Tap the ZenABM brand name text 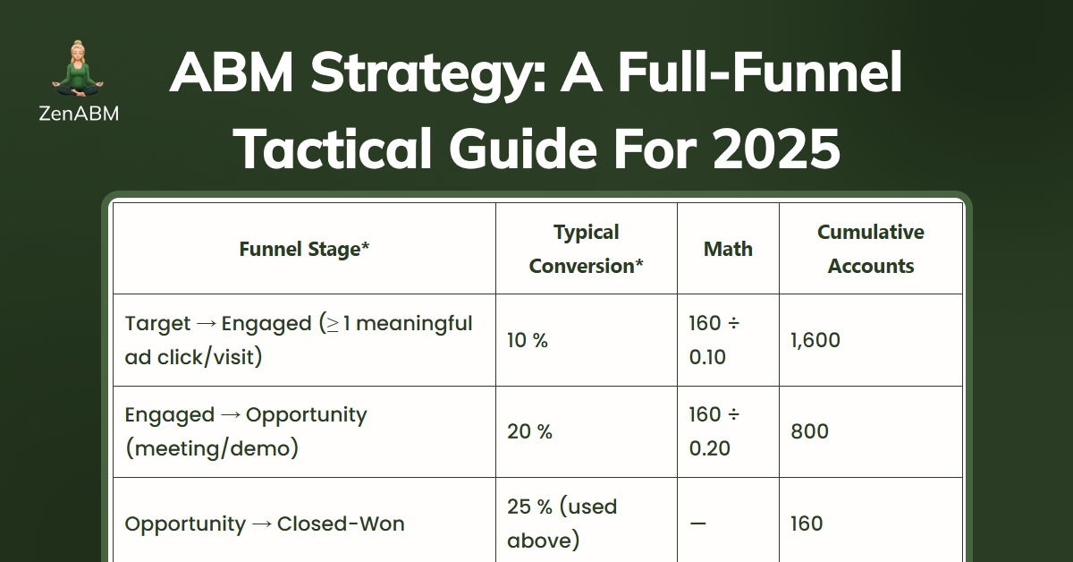pos(79,114)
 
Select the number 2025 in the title pos(776,149)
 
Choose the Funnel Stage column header pos(304,249)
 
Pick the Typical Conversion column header pos(587,249)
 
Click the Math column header pos(728,249)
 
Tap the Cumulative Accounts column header pos(871,249)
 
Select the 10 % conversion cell pos(528,340)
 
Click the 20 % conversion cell pos(529,431)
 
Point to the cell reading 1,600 pos(815,340)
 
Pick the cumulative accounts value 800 pos(809,431)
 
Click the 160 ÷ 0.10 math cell pos(714,340)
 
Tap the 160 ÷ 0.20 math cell pos(714,431)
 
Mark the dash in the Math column pos(697,524)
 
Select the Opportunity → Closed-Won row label pos(265,524)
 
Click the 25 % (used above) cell pos(562,524)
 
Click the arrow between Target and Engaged pos(206,324)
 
